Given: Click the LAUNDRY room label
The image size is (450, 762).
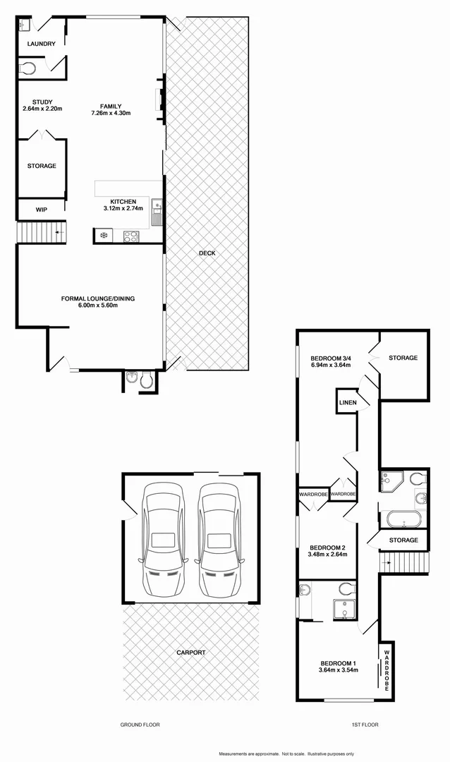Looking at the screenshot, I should tap(41, 44).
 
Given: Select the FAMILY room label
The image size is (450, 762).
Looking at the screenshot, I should tap(111, 107).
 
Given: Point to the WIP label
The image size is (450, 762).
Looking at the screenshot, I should tap(41, 210).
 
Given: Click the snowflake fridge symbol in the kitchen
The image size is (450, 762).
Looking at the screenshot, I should tap(104, 236).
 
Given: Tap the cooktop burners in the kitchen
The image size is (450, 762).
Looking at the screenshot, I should tap(131, 236).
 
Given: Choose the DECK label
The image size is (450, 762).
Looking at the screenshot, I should tap(207, 253).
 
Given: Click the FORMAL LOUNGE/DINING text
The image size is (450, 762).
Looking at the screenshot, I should tap(97, 298).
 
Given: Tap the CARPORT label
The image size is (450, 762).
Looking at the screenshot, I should tap(191, 653).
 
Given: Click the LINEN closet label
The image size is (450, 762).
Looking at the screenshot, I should tap(348, 403).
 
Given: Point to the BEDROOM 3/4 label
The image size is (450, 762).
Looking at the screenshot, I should tap(331, 358).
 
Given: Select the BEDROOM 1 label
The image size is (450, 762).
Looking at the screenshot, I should tap(339, 663).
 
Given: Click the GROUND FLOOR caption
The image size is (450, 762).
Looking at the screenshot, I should tap(140, 725).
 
